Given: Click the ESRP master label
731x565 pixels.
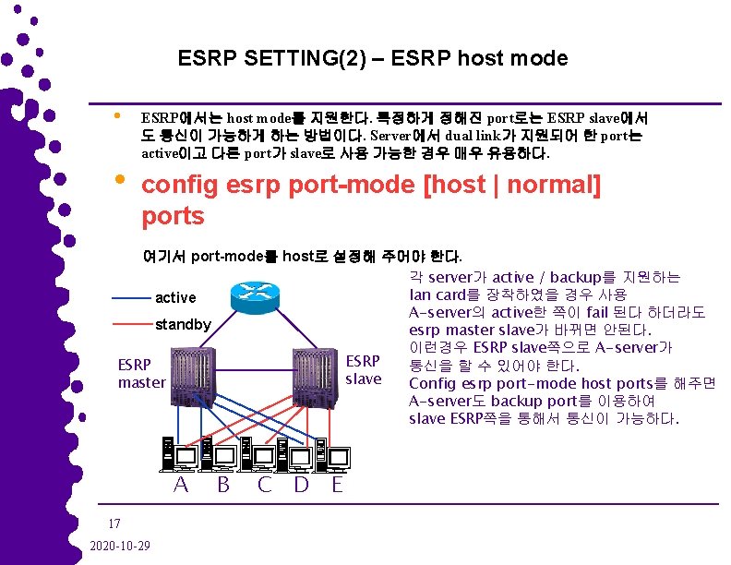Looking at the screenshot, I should click(141, 373).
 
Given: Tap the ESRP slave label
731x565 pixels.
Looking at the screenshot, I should click(363, 369).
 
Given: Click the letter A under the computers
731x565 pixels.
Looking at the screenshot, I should click(182, 484).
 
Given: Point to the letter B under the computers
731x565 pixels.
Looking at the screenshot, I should click(223, 484).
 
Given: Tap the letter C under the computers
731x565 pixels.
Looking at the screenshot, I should click(264, 484).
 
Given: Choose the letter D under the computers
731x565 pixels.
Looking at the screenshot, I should click(301, 484).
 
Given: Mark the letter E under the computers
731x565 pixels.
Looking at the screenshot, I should click(337, 484).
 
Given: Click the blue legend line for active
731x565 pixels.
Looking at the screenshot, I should click(130, 298).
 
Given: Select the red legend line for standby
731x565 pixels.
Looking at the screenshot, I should click(130, 325).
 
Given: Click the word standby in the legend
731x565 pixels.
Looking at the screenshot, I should click(184, 325).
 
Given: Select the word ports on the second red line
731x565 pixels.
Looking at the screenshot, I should click(173, 216).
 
